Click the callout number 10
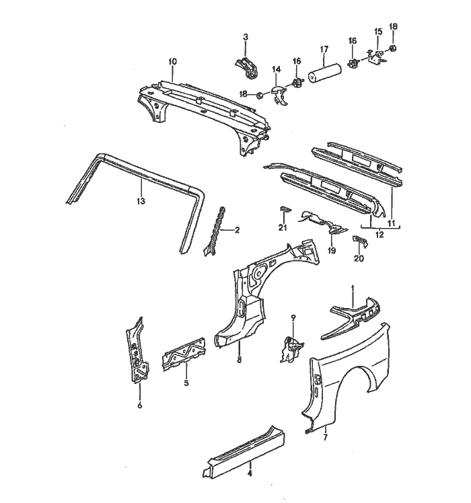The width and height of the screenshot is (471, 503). click(172, 62)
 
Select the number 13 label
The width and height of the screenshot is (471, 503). click(140, 201)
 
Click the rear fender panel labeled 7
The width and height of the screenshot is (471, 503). click(350, 377)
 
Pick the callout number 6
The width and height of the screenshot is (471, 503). click(139, 405)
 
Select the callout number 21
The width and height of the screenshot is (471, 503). click(283, 229)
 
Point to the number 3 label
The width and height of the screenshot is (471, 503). click(246, 36)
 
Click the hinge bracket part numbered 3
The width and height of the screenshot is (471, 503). click(246, 65)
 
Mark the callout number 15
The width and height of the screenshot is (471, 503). click(377, 32)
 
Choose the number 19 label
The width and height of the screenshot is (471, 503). click(332, 250)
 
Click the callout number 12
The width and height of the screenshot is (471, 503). click(379, 235)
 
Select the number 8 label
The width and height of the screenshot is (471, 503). click(239, 360)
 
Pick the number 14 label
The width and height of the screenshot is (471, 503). click(276, 69)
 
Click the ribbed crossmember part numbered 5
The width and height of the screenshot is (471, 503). click(182, 355)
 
